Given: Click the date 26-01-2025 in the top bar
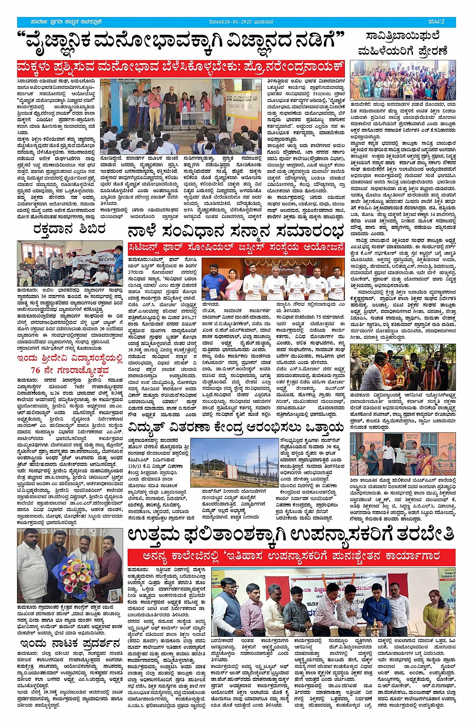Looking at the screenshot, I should click(x=240, y=22).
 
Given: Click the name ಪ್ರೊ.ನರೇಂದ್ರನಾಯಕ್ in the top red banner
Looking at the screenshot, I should click(x=303, y=67).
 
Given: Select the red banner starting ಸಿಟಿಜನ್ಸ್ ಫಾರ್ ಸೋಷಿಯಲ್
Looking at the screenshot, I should click(x=236, y=248).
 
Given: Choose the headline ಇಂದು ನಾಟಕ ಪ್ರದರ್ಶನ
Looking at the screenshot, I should click(x=70, y=642).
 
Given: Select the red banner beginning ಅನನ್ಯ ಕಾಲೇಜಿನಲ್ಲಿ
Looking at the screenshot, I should click(x=291, y=556).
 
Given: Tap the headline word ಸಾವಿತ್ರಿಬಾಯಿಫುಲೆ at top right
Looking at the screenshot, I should click(x=402, y=37).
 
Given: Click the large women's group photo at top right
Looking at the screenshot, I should click(x=402, y=81).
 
